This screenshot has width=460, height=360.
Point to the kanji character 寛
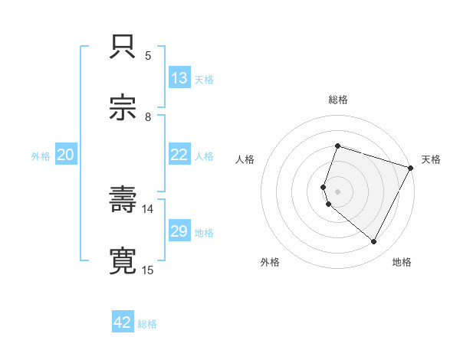click(123, 260)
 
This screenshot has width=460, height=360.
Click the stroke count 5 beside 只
click(147, 55)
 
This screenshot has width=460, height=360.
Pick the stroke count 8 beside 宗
click(147, 116)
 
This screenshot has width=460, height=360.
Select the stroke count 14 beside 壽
click(147, 208)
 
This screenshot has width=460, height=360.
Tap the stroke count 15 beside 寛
click(147, 270)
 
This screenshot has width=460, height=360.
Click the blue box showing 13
click(179, 78)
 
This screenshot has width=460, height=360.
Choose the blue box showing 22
click(179, 155)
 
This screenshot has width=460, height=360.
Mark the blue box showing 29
click(179, 231)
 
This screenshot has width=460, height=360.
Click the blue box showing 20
click(65, 155)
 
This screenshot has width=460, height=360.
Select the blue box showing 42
click(123, 322)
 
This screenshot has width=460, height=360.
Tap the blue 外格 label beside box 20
click(41, 155)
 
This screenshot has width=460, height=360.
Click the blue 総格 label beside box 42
click(147, 324)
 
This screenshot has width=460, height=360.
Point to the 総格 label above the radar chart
click(338, 100)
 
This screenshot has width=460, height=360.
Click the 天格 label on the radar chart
click(431, 159)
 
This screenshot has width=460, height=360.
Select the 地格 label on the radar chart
click(402, 262)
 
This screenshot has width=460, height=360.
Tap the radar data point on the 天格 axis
click(411, 168)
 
